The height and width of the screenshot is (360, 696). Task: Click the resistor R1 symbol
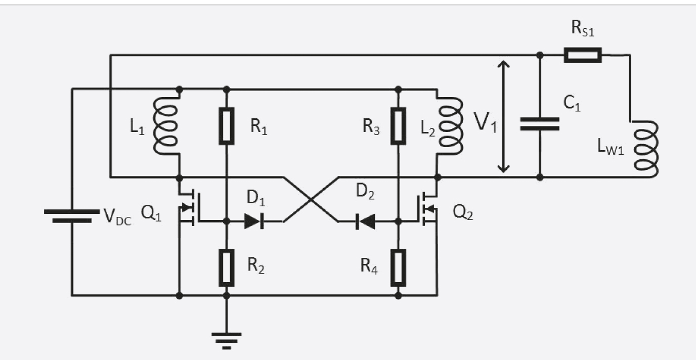point(227,126)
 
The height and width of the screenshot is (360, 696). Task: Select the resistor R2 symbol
point(227,268)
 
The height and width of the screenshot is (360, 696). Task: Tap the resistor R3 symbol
point(398,126)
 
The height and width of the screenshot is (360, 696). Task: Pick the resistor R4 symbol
point(398,268)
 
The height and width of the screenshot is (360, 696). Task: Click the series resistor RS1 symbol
point(583,55)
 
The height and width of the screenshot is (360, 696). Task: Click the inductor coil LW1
point(645,149)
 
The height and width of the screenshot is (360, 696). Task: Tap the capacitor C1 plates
point(540,124)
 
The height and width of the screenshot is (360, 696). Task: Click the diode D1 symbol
point(254,221)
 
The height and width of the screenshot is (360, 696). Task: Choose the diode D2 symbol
point(365,221)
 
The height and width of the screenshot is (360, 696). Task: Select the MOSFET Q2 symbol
point(427,208)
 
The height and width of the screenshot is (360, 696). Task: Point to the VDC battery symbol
point(72,216)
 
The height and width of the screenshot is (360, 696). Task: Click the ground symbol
point(227,341)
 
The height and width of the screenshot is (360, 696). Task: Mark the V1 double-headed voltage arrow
point(503,116)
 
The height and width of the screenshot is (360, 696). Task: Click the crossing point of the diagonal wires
point(311,199)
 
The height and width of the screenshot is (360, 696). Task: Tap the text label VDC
point(117,216)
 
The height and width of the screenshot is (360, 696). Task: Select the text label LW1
point(611,146)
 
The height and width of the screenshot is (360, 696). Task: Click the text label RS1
point(583,29)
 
